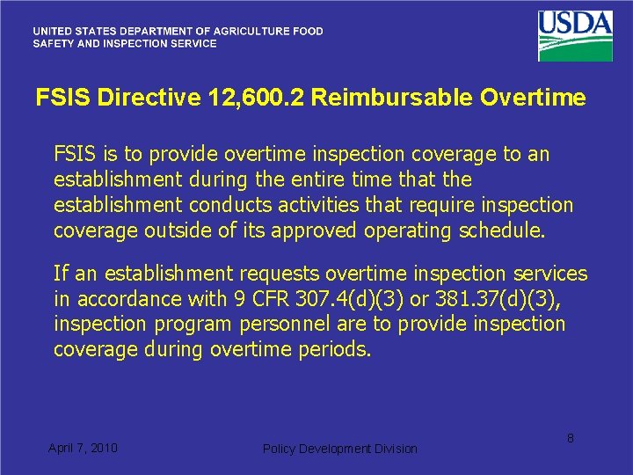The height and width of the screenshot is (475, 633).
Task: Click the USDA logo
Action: pos(575,35)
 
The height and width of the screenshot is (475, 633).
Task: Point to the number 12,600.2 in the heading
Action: pos(255,98)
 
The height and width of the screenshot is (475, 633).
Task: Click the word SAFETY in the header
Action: pos(54,43)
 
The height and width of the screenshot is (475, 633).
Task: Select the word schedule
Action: pos(502,230)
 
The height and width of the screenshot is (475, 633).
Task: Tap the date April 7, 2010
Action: pos(83,448)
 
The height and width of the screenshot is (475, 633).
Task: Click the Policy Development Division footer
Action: pos(340,449)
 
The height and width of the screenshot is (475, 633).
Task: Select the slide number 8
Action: pos(570,437)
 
